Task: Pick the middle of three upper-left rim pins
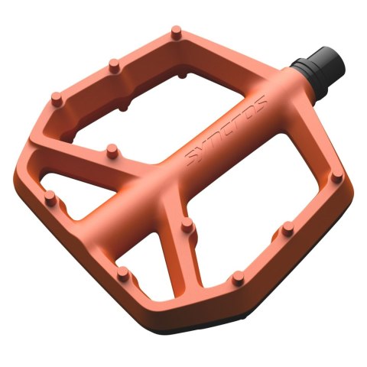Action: coord(114,64)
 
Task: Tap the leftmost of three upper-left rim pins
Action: coord(56,98)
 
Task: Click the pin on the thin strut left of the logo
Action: coord(111,148)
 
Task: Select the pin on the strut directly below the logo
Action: coord(185,223)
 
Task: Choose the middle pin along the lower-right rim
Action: coord(287,227)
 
